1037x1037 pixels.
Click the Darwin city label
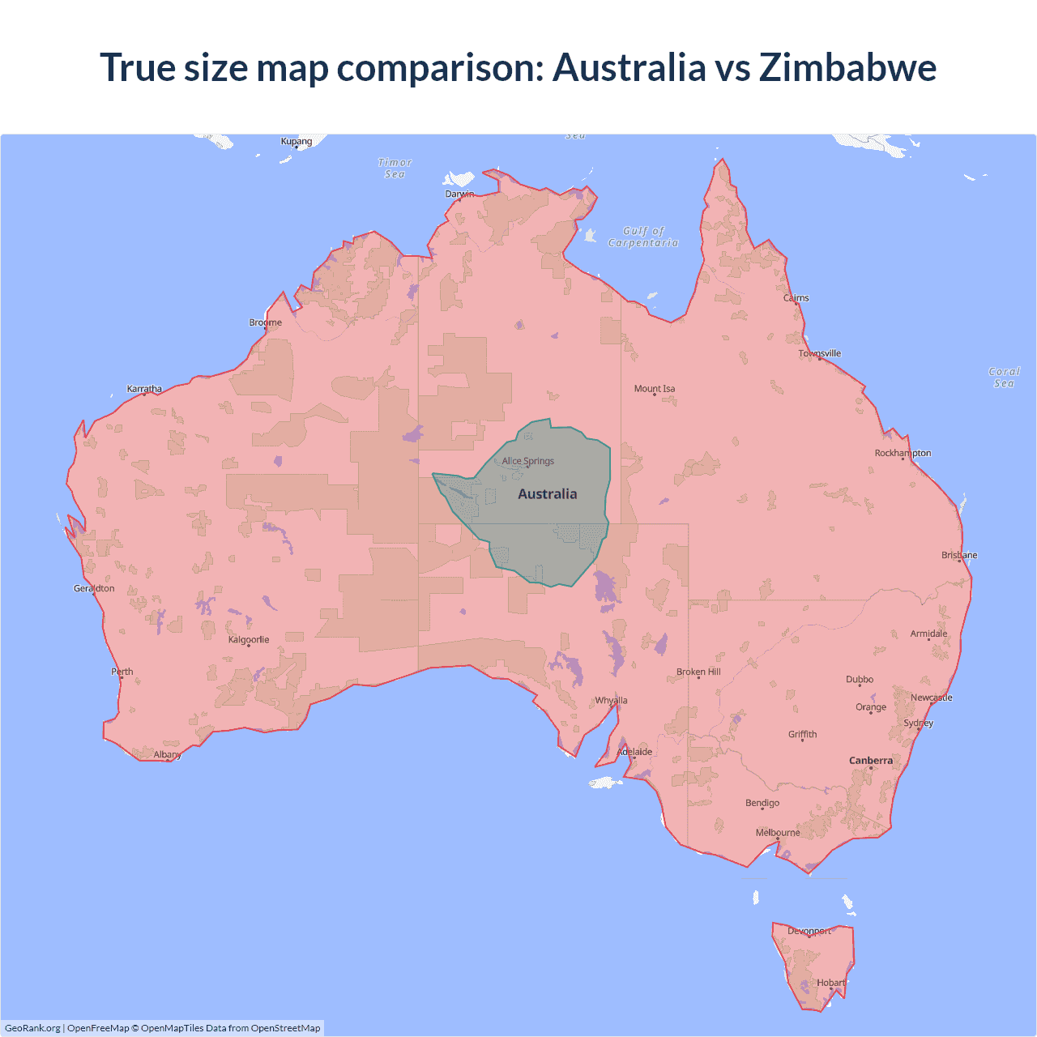click(459, 194)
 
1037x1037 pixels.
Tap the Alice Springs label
click(528, 461)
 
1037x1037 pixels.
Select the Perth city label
click(122, 672)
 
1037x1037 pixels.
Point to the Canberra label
click(871, 761)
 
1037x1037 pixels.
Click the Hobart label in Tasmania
click(831, 983)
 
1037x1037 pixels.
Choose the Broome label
click(266, 322)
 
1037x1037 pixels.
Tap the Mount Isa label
click(655, 389)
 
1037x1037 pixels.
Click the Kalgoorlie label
click(249, 640)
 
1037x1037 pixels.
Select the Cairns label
click(796, 298)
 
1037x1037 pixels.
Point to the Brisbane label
click(959, 555)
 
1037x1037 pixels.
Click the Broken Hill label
click(698, 672)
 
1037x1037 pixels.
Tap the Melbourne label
click(778, 833)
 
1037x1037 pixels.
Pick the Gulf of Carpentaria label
click(643, 237)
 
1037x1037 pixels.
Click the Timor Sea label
click(395, 169)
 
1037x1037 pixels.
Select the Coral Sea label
click(1005, 378)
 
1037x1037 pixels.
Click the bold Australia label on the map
click(548, 494)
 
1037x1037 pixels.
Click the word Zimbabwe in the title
click(847, 67)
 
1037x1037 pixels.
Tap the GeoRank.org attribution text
click(32, 1028)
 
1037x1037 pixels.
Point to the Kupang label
click(297, 141)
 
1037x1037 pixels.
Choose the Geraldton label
click(94, 588)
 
